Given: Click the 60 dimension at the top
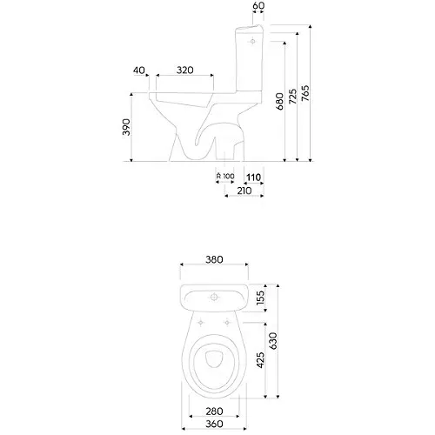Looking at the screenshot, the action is click(x=258, y=5).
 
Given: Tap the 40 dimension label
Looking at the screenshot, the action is click(x=139, y=70).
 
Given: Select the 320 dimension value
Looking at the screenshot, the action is click(x=185, y=70).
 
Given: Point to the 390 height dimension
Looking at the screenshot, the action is click(x=126, y=127).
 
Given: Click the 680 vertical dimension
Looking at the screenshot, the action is click(x=279, y=101).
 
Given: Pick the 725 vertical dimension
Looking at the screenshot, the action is click(x=293, y=97).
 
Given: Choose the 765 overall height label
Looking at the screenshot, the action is click(x=305, y=93).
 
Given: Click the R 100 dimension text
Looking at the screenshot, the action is click(x=225, y=176).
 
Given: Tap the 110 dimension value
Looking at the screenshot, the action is click(x=254, y=177).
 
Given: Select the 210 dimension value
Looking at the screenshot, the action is click(x=244, y=191).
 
